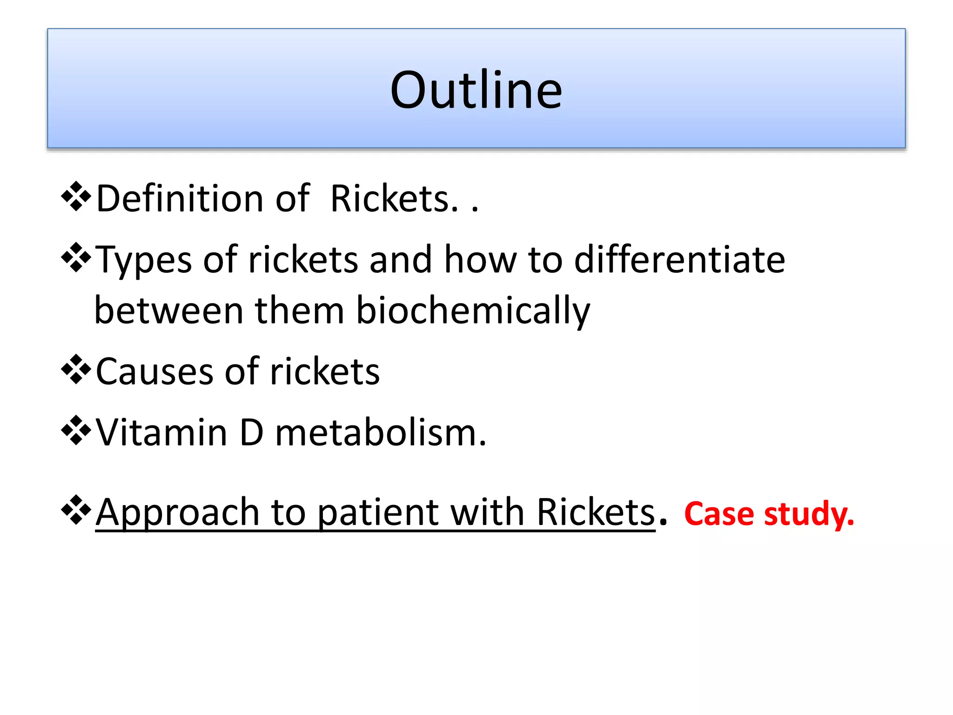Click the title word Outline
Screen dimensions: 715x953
pyautogui.click(x=476, y=90)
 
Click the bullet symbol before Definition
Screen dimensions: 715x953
pyautogui.click(x=76, y=197)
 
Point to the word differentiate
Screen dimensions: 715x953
pyautogui.click(x=679, y=259)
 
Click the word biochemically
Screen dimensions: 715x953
pyautogui.click(x=473, y=311)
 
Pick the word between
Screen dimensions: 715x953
pyautogui.click(x=169, y=311)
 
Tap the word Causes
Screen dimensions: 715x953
pyautogui.click(x=154, y=372)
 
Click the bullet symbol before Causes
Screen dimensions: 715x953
pyautogui.click(x=76, y=370)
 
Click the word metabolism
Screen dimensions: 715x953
pyautogui.click(x=380, y=433)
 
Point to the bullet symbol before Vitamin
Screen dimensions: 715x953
pyautogui.click(x=76, y=431)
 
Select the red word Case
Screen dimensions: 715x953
pyautogui.click(x=719, y=514)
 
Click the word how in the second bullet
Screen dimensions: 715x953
pyautogui.click(x=480, y=259)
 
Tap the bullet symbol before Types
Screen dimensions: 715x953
pyautogui.click(x=76, y=257)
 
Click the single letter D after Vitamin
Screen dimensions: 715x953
pyautogui.click(x=251, y=433)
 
